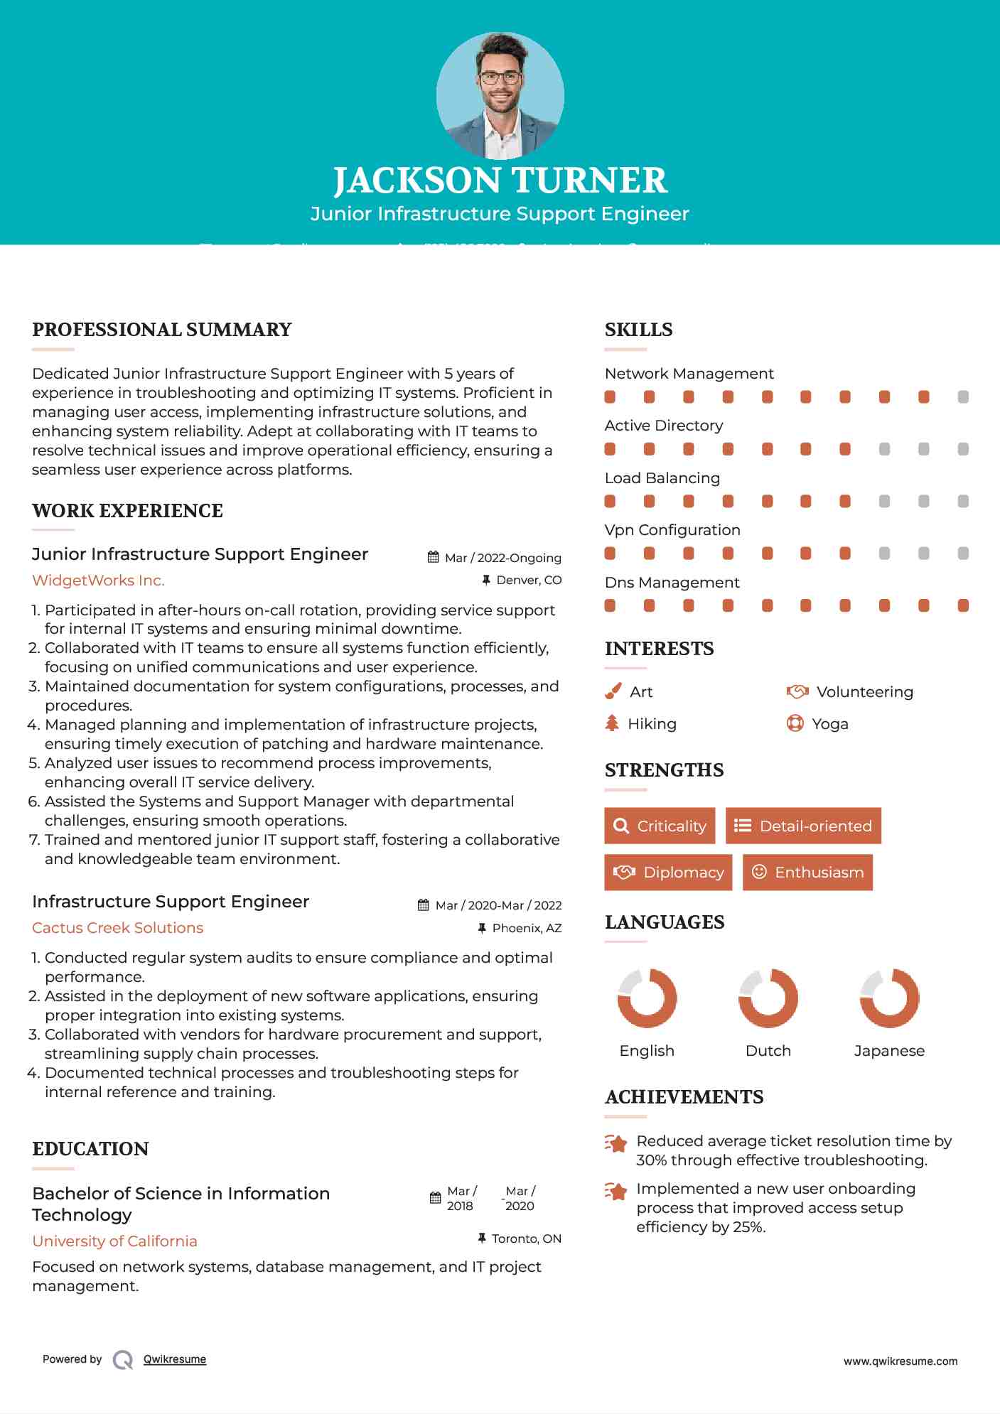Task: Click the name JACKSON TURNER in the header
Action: click(x=500, y=180)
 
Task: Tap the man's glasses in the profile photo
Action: click(x=500, y=77)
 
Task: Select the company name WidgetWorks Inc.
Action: click(x=98, y=581)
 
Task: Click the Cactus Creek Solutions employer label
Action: click(x=117, y=928)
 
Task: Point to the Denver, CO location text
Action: click(x=528, y=581)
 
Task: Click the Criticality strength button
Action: click(x=660, y=826)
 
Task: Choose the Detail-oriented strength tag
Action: click(x=803, y=826)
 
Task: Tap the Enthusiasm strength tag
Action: click(x=807, y=872)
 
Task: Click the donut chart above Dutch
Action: click(x=768, y=998)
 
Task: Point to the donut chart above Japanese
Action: click(x=889, y=998)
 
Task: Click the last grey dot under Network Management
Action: click(x=963, y=396)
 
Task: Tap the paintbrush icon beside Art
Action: click(x=613, y=691)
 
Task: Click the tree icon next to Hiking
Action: click(x=612, y=723)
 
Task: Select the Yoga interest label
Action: click(x=829, y=724)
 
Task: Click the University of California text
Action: click(x=114, y=1241)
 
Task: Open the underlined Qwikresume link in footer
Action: click(x=175, y=1359)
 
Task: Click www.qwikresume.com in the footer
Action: click(x=900, y=1361)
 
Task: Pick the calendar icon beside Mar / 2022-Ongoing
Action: click(x=433, y=558)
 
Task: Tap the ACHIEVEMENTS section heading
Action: click(x=684, y=1097)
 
